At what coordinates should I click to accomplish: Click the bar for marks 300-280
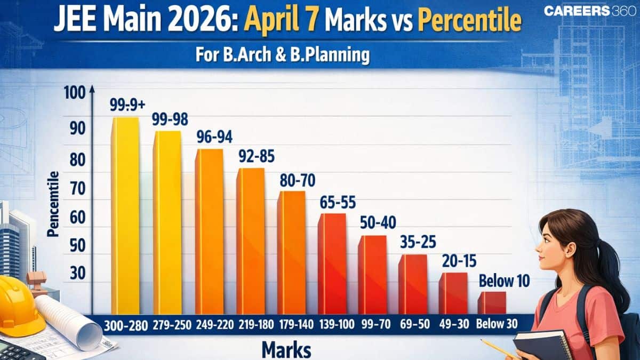click(x=125, y=215)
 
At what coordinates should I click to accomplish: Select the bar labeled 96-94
click(x=209, y=231)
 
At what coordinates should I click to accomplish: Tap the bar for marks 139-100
click(x=332, y=263)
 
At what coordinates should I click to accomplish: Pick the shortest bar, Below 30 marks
click(x=491, y=302)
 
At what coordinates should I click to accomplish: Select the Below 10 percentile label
click(x=500, y=279)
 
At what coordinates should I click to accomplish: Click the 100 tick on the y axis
click(x=75, y=93)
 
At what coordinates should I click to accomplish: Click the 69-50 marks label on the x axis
click(x=417, y=324)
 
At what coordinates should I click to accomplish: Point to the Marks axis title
click(x=287, y=350)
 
